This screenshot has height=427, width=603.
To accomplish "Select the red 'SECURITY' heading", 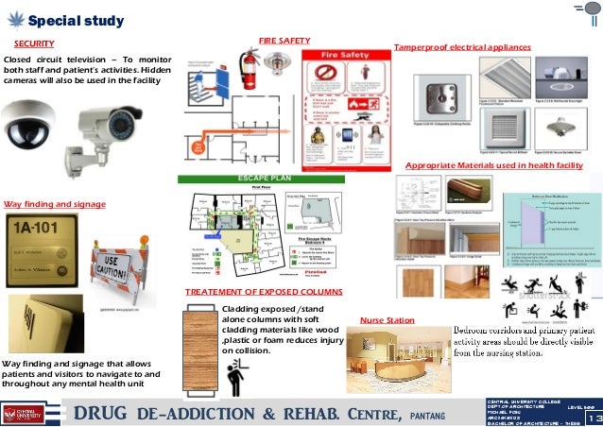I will [33, 43].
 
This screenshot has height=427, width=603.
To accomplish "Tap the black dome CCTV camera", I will [29, 123].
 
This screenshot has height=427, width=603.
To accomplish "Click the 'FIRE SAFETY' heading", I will [284, 41].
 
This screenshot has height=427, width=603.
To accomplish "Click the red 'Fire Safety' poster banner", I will [342, 57].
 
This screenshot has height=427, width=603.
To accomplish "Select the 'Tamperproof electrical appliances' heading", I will [462, 46].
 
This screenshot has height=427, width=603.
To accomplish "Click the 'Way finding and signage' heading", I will [53, 204].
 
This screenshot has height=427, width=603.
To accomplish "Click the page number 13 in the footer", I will [594, 418].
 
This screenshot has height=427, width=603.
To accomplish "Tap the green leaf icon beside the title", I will [13, 20].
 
